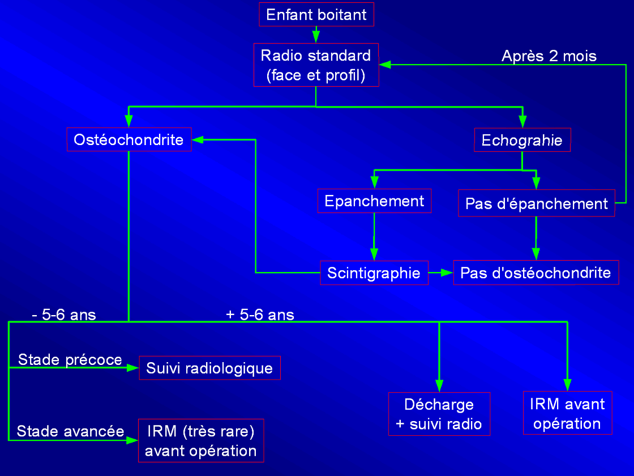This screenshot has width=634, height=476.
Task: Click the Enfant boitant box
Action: [x=316, y=14]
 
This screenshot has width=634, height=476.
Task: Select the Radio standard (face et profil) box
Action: [x=316, y=65]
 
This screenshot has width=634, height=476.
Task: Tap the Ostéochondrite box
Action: [x=129, y=139]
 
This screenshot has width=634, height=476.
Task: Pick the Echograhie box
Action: [x=522, y=140]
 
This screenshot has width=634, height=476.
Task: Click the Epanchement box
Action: [x=374, y=201]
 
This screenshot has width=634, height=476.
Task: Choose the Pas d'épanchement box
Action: [x=536, y=203]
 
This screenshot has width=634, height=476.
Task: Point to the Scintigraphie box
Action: [x=374, y=273]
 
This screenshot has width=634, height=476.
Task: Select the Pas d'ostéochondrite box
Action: [x=536, y=273]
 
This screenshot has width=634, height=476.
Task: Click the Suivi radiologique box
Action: [x=209, y=368]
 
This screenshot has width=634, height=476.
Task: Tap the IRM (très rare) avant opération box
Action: [x=201, y=441]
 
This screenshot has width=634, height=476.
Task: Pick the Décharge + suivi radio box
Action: [x=439, y=414]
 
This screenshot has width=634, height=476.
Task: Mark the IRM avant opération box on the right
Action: [x=567, y=413]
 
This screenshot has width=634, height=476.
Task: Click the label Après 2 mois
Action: [x=549, y=56]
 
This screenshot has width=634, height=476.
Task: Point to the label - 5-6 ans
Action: [x=64, y=314]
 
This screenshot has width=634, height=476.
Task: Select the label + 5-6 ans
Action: [x=260, y=314]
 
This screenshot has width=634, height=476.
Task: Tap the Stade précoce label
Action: [x=70, y=360]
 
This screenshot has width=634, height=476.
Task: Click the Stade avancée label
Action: [x=70, y=431]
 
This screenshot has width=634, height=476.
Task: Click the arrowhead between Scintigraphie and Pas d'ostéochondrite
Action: [x=447, y=273]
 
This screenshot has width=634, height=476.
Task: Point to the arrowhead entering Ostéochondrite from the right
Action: [x=198, y=139]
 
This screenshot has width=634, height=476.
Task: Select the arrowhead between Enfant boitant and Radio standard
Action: [x=316, y=38]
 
